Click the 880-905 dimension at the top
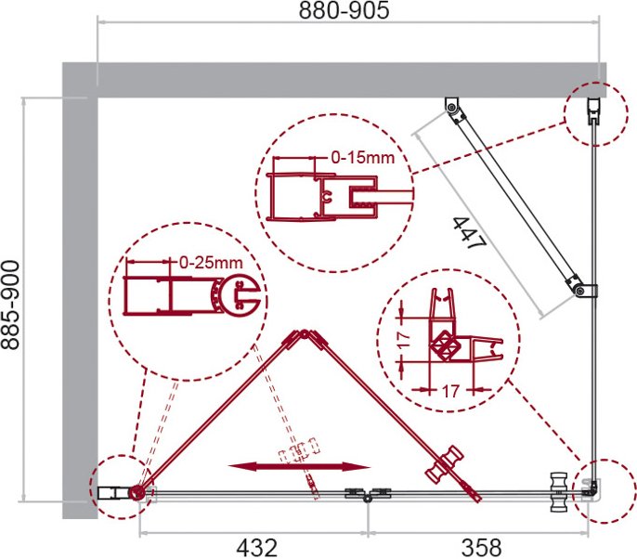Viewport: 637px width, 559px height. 344,10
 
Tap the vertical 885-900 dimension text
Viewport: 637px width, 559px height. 10,305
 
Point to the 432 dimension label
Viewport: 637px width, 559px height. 256,548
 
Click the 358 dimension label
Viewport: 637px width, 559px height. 481,548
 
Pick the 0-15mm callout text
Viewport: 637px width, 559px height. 363,157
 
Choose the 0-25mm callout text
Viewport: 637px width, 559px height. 211,263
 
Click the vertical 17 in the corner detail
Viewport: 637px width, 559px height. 404,340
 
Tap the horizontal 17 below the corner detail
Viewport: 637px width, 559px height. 449,392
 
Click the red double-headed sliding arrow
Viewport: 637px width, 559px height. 299,467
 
